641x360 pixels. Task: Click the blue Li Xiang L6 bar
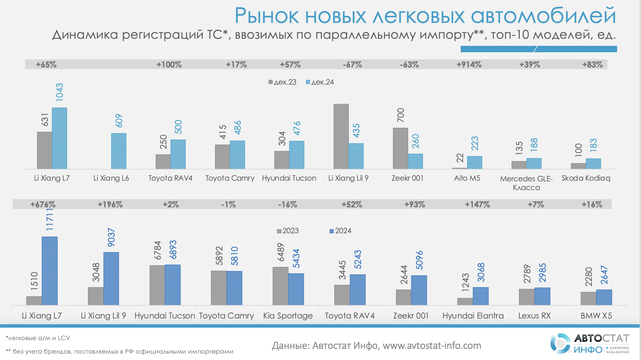pos(119,151)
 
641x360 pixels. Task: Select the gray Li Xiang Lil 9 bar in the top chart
pos(341,137)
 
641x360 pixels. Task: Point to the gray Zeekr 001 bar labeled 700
pos(400,148)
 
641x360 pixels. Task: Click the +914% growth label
pos(469,65)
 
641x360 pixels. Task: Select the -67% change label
pos(352,65)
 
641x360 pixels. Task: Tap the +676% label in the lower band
pos(43,205)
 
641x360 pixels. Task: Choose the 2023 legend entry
pos(288,231)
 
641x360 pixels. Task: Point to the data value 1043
pos(60,92)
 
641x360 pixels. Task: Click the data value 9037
pos(111,237)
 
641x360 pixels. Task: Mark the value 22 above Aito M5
pos(460,158)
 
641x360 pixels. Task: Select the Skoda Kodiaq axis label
pos(586,178)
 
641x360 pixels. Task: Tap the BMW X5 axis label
pos(596,316)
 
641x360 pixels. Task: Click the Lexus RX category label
pos(535,316)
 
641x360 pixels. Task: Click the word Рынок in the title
pos(267,16)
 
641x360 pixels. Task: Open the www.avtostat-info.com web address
pos(432,346)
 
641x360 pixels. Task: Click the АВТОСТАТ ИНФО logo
pos(590,343)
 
